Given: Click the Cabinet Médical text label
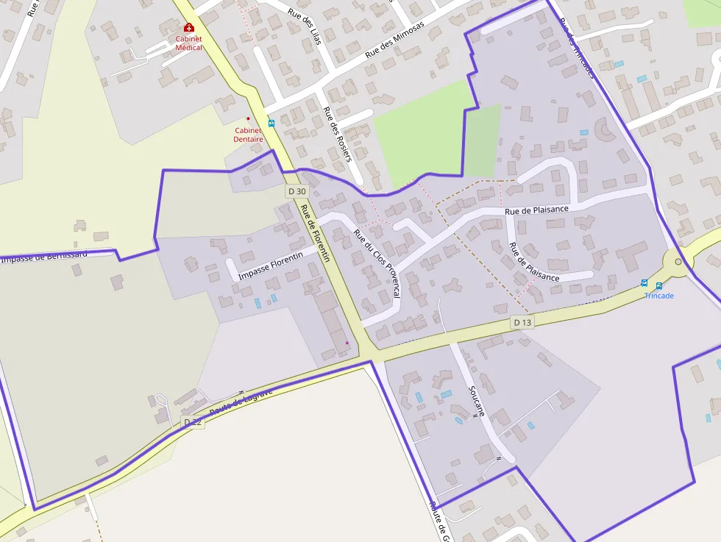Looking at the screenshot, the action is (188, 43).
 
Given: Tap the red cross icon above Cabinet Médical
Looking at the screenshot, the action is (189, 27).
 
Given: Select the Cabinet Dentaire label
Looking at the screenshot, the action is (248, 135).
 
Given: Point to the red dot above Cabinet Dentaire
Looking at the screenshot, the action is (248, 118).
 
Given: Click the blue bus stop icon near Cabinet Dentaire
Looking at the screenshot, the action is (271, 124).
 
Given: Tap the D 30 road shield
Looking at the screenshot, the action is (296, 191).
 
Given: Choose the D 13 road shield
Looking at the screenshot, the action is (522, 322).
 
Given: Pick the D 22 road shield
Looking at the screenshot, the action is (192, 421).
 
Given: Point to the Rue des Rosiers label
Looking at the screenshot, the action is (338, 134).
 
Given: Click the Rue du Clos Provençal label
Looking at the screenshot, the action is (377, 263).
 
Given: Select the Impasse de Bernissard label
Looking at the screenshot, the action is (44, 257).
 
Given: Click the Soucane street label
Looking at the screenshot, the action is (476, 402).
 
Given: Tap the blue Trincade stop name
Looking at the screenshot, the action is (658, 296).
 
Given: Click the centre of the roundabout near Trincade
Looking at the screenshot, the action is (678, 262).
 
